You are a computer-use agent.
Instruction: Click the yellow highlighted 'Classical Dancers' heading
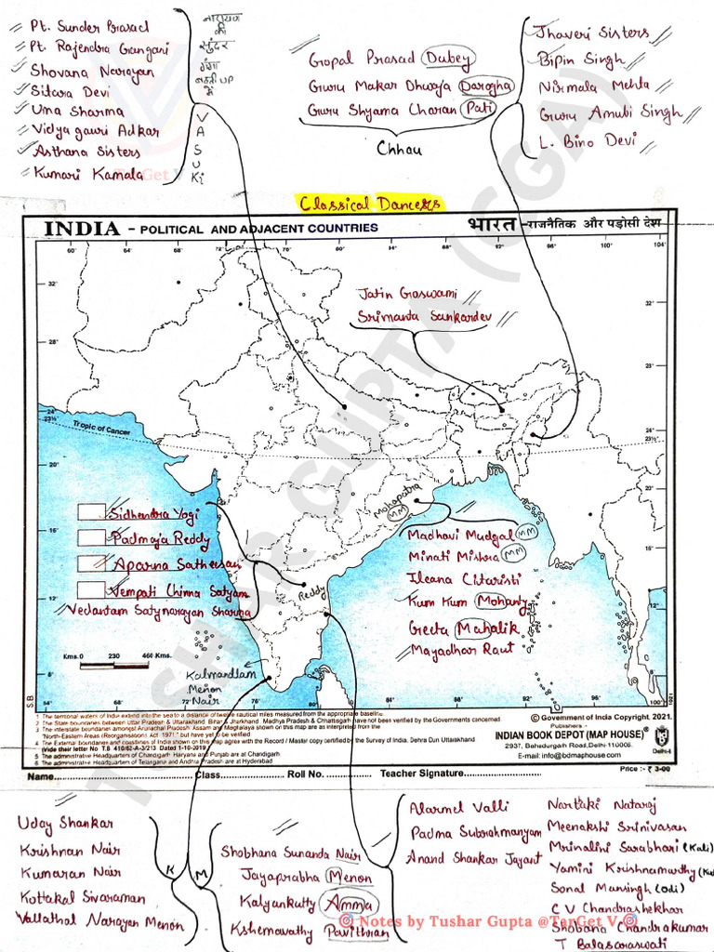pos(370,204)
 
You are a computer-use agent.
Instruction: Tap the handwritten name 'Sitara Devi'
pos(70,91)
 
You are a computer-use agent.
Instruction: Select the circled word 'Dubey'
pos(448,59)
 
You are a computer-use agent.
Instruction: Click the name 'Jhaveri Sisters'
pos(591,33)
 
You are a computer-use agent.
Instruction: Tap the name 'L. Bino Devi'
pos(588,142)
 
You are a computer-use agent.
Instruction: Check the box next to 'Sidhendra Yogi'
pos(90,511)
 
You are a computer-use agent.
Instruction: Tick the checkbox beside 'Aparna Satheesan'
pos(90,562)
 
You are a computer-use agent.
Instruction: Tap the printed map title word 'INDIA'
pos(83,228)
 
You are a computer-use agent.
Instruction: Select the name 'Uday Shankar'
pos(65,824)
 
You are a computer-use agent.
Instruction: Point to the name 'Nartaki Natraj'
pos(602,805)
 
